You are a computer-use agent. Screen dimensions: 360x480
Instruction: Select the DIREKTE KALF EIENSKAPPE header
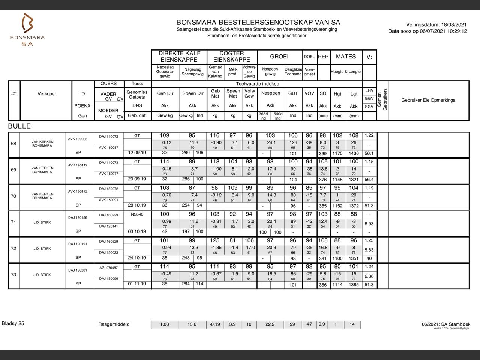pyautogui.click(x=179, y=57)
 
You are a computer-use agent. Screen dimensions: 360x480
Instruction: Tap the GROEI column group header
pyautogui.click(x=279, y=57)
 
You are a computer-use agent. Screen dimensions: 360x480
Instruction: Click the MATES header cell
pyautogui.click(x=346, y=57)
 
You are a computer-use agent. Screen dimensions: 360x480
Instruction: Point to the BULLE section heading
pyautogui.click(x=19, y=126)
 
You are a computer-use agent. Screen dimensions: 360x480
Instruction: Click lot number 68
pyautogui.click(x=13, y=144)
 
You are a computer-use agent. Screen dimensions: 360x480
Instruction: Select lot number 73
pyautogui.click(x=13, y=275)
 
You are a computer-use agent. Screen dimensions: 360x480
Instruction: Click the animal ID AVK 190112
pyautogui.click(x=78, y=165)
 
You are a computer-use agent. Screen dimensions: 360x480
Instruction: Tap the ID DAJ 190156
pyautogui.click(x=78, y=218)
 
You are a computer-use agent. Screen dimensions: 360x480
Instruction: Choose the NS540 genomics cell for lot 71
pyautogui.click(x=137, y=214)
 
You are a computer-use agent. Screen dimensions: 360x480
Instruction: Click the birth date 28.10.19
pyautogui.click(x=137, y=205)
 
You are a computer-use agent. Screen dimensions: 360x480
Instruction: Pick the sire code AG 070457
pyautogui.click(x=108, y=268)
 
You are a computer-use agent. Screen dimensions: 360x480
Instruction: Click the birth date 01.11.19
pyautogui.click(x=137, y=284)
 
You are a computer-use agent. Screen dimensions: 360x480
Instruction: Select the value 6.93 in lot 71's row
pyautogui.click(x=369, y=224)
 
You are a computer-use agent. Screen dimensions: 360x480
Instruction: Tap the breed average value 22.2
pyautogui.click(x=270, y=324)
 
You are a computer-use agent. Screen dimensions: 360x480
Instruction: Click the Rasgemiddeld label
pyautogui.click(x=114, y=324)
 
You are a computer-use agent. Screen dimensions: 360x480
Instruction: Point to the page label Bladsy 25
pyautogui.click(x=13, y=323)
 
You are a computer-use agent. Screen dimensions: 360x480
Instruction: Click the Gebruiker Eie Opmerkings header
pyautogui.click(x=428, y=100)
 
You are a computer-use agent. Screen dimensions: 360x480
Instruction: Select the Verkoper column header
pyautogui.click(x=47, y=94)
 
